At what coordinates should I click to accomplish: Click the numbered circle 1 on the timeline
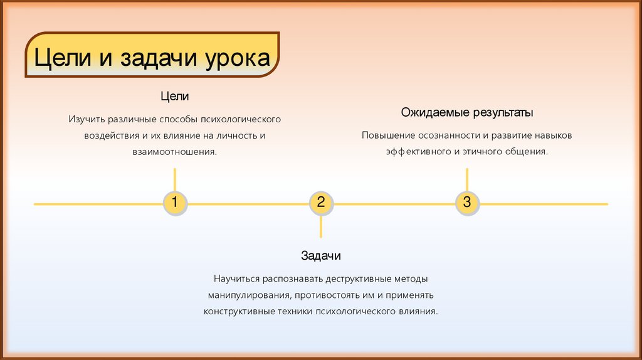pos(175,203)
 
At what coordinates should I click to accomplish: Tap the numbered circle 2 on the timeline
pos(321,203)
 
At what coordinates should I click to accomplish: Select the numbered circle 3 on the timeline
pos(467,203)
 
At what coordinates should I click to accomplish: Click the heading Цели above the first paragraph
pos(175,97)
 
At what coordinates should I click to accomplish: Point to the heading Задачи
pos(321,256)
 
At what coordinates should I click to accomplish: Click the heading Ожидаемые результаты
pos(467,113)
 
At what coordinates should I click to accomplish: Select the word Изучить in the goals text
pos(87,119)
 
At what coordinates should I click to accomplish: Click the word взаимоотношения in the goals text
pos(175,152)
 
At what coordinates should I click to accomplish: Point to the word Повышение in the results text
pos(387,135)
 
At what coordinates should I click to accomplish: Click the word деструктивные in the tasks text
pos(359,278)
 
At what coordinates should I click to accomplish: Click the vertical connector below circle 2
pos(321,226)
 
